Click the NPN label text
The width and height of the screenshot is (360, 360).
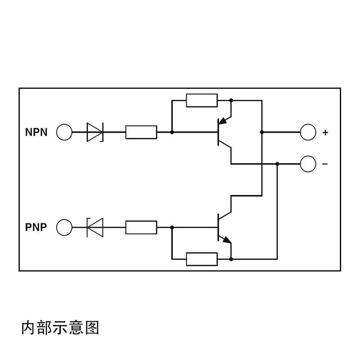pyautogui.click(x=36, y=132)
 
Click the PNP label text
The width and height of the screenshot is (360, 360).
pyautogui.click(x=36, y=227)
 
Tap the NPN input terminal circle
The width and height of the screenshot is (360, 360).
pyautogui.click(x=64, y=132)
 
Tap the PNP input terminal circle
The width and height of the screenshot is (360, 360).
pyautogui.click(x=64, y=227)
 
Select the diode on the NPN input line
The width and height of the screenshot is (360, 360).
pyautogui.click(x=95, y=132)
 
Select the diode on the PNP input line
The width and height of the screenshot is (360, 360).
pyautogui.click(x=95, y=227)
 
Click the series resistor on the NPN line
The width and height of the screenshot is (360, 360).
pyautogui.click(x=141, y=132)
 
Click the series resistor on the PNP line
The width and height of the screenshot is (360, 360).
pyautogui.click(x=141, y=227)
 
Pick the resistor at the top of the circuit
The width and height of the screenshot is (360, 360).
pyautogui.click(x=202, y=100)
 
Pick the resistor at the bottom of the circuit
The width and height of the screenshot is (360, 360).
pyautogui.click(x=202, y=259)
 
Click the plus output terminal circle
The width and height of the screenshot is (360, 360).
pyautogui.click(x=308, y=132)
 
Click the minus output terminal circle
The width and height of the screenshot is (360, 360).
pyautogui.click(x=308, y=164)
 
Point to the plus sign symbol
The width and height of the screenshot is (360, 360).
pyautogui.click(x=325, y=132)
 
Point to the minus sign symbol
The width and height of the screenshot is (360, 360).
pyautogui.click(x=325, y=164)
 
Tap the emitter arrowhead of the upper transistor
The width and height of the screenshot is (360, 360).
pyautogui.click(x=222, y=121)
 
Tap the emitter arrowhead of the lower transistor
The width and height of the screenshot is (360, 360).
pyautogui.click(x=227, y=240)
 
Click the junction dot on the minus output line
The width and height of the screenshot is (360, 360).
pyautogui.click(x=277, y=164)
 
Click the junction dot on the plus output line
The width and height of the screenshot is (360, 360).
pyautogui.click(x=262, y=132)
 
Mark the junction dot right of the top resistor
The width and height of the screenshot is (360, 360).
pyautogui.click(x=231, y=100)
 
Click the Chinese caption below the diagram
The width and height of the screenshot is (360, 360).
pyautogui.click(x=60, y=328)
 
